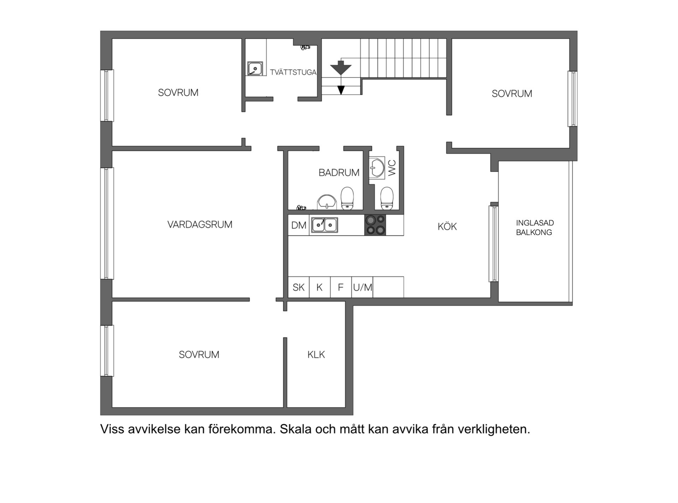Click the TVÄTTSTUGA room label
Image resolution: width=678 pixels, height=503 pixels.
[293, 72]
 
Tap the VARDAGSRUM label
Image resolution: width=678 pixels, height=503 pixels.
[200, 224]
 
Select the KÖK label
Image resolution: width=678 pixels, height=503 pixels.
[447, 227]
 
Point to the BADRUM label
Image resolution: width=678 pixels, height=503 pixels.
[339, 173]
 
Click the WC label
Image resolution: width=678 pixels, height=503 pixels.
[392, 168]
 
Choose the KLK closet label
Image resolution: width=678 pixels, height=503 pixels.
[316, 355]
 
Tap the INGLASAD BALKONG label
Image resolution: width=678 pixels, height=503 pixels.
[535, 228]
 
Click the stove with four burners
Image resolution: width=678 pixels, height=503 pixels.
[375, 225]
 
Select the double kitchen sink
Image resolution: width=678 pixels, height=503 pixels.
[324, 225]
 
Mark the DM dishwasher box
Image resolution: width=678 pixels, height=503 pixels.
[299, 225]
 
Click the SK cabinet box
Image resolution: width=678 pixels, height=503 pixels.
[298, 287]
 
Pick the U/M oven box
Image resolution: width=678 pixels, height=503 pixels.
[362, 287]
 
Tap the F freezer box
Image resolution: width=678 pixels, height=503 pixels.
[341, 287]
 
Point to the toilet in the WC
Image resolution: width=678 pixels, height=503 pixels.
[387, 198]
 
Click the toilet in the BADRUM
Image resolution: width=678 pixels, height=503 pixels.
[347, 198]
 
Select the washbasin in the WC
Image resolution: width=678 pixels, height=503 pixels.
[377, 168]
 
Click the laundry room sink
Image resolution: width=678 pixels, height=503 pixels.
[255, 68]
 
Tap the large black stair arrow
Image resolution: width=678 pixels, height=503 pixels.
[340, 67]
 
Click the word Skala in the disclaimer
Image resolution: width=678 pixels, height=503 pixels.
[296, 429]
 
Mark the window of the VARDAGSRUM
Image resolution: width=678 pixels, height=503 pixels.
[107, 223]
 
